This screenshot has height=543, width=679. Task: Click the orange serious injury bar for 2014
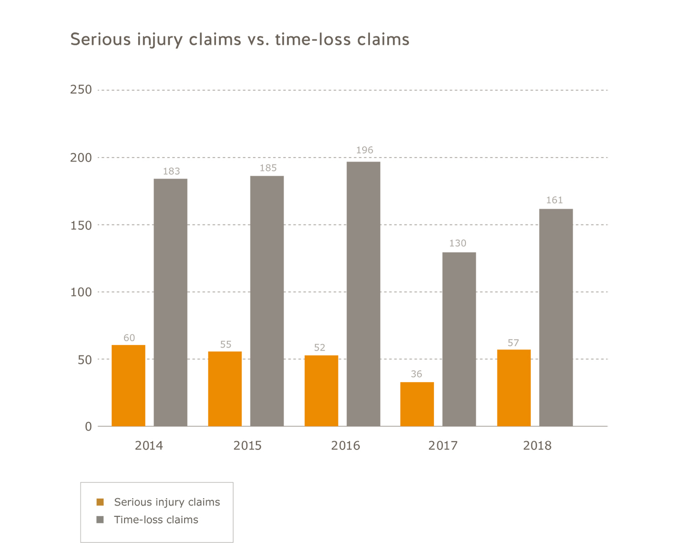pyautogui.click(x=128, y=385)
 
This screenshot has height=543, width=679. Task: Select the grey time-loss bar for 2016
pyautogui.click(x=363, y=294)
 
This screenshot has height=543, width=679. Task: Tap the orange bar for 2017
pyautogui.click(x=417, y=404)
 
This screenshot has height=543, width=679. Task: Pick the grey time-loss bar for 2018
pyautogui.click(x=556, y=318)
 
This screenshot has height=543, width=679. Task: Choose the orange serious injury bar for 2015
pyautogui.click(x=225, y=388)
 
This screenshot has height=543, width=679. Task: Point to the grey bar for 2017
pyautogui.click(x=459, y=339)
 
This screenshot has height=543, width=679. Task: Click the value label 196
pyautogui.click(x=365, y=150)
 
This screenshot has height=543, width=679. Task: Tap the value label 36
pyautogui.click(x=416, y=374)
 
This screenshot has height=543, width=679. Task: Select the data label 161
pyautogui.click(x=554, y=200)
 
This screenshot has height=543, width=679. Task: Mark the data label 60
pyautogui.click(x=129, y=338)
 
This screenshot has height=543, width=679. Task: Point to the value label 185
pyautogui.click(x=268, y=168)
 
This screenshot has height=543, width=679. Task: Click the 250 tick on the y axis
pyautogui.click(x=81, y=90)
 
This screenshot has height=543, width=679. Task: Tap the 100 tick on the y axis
pyautogui.click(x=81, y=292)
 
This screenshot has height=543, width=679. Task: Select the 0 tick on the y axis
pyautogui.click(x=88, y=426)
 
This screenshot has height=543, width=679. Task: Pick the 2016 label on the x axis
pyautogui.click(x=345, y=446)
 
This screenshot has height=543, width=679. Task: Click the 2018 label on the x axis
pyautogui.click(x=537, y=446)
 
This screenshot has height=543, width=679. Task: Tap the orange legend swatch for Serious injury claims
pyautogui.click(x=100, y=502)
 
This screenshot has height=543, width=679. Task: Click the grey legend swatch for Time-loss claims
pyautogui.click(x=100, y=520)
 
